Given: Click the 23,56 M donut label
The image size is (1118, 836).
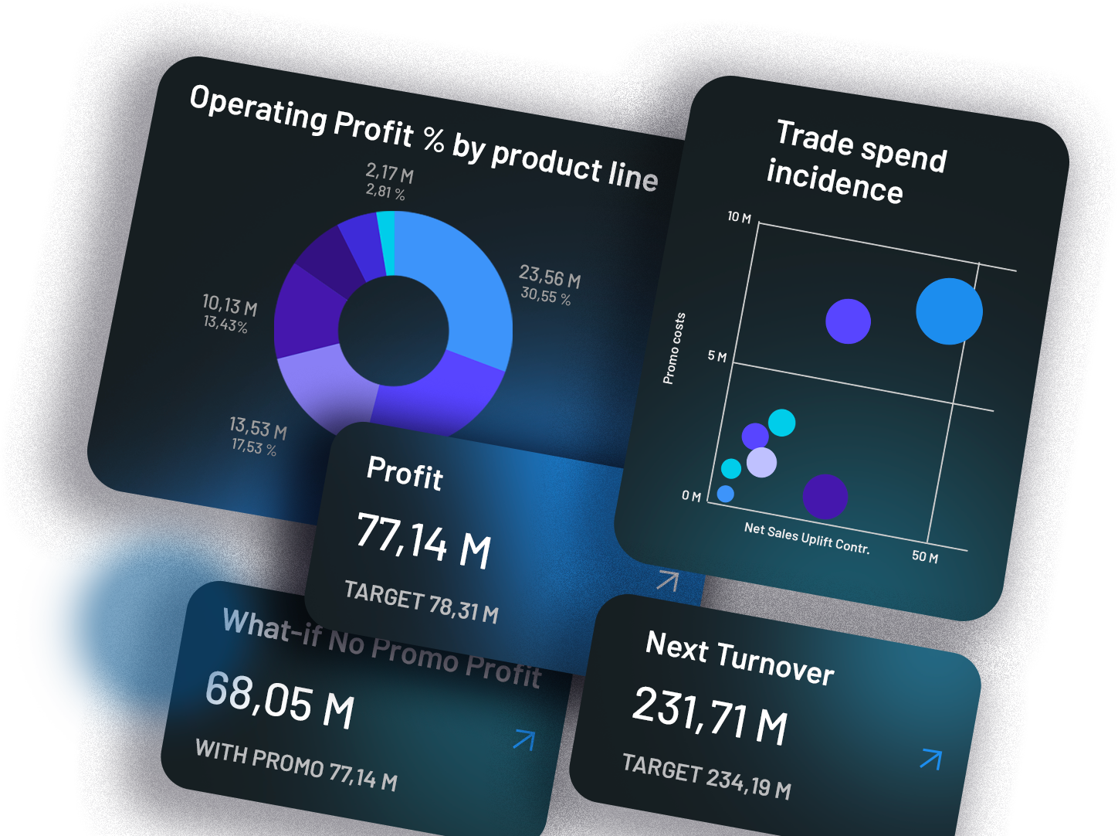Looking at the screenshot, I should (549, 276).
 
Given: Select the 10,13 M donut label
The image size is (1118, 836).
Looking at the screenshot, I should (229, 304).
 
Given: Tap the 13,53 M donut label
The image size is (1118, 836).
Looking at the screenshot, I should (258, 427).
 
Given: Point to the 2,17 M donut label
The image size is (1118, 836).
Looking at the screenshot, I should (389, 172).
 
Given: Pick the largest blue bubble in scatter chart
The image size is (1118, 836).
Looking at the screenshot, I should (949, 311).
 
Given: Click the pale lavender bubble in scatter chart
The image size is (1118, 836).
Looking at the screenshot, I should (761, 463).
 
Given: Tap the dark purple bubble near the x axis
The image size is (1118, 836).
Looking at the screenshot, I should (825, 496).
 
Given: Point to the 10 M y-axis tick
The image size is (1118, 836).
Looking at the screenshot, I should (739, 218).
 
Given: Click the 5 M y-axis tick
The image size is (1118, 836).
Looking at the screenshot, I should (717, 356).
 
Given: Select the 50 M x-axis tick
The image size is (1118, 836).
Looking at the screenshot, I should (924, 556).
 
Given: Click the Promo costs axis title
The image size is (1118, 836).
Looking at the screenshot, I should (673, 348).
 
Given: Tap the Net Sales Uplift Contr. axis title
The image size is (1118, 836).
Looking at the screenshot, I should (807, 539).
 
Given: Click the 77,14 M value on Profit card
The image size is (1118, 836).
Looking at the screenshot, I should (424, 540).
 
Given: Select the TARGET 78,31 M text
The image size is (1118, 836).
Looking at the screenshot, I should (421, 602).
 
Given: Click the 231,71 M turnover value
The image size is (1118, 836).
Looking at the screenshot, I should (710, 715).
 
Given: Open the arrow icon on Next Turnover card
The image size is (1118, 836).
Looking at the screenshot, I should (931, 759).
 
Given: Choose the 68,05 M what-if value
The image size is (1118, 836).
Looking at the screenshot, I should (279, 700).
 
